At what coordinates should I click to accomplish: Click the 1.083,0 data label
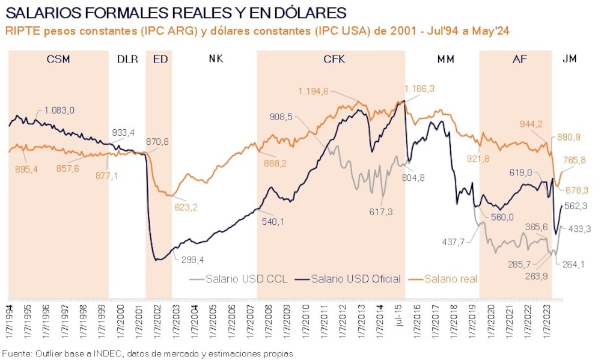click(x=59, y=110)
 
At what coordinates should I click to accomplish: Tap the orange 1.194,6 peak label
click(x=314, y=91)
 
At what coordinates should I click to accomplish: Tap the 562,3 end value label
click(x=575, y=206)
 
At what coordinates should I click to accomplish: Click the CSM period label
click(x=58, y=59)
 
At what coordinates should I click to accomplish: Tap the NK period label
click(x=216, y=59)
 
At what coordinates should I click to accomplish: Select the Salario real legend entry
click(x=451, y=279)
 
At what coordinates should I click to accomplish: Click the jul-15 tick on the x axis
click(x=398, y=314)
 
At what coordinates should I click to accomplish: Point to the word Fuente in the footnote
click(x=16, y=353)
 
